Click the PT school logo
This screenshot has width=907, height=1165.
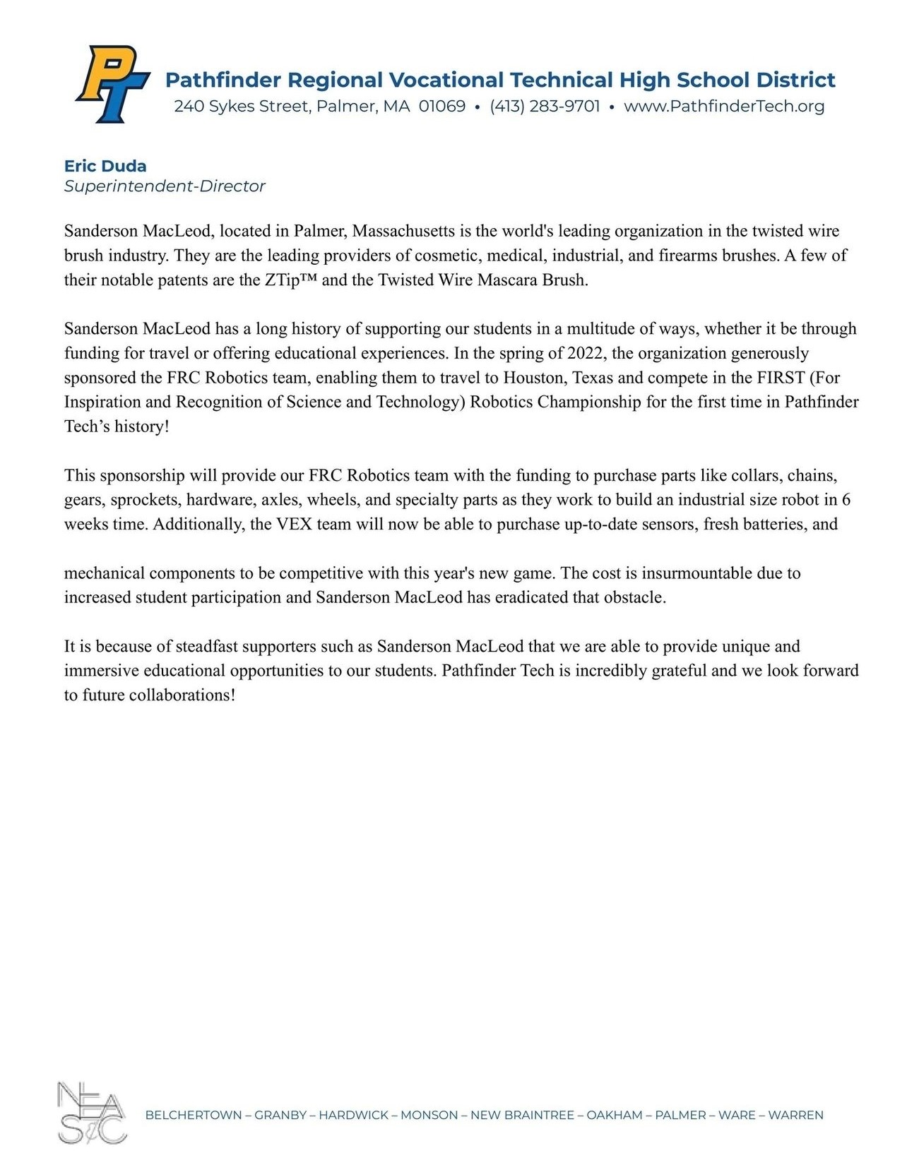tap(112, 83)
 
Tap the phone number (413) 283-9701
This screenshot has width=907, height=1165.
tap(545, 107)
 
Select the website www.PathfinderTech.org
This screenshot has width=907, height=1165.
tap(724, 107)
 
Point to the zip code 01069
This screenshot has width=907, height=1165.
tap(442, 107)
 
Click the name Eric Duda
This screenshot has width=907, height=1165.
tap(105, 167)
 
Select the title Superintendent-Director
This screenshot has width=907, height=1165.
tap(165, 186)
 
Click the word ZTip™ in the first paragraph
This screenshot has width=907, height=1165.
tap(291, 280)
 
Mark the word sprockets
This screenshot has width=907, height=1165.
tap(144, 501)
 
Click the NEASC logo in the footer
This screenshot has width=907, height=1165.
tap(91, 1113)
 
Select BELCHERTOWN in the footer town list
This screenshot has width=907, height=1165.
tap(193, 1116)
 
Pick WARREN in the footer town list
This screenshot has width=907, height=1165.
tap(795, 1116)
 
